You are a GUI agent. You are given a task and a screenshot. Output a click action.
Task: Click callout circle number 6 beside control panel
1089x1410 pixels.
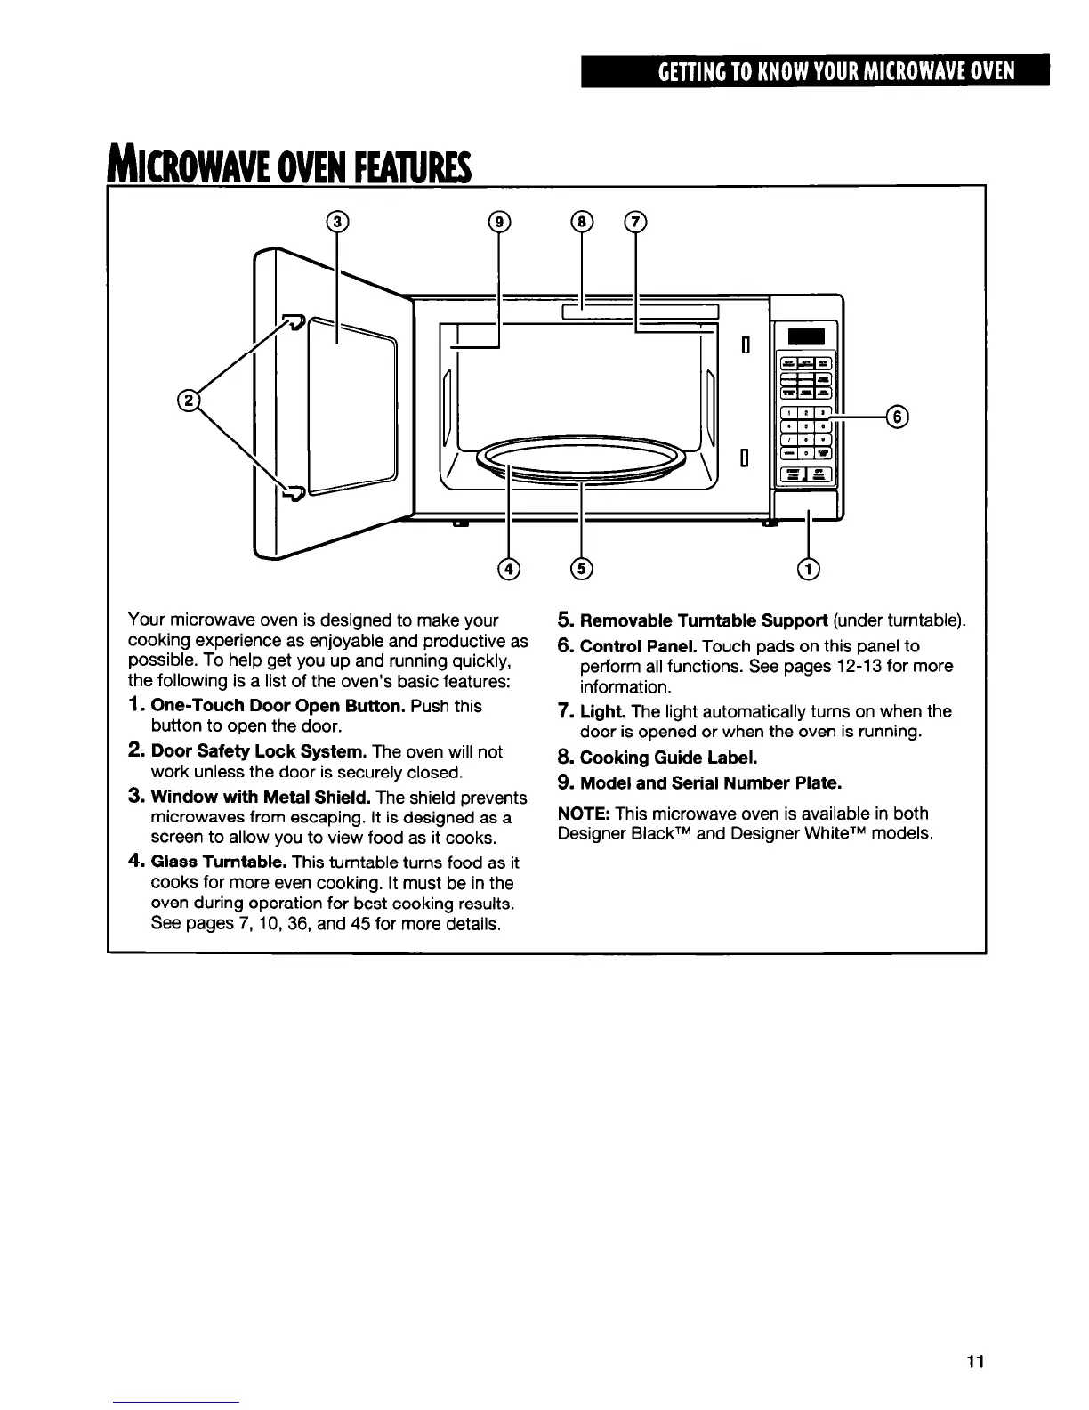(x=898, y=416)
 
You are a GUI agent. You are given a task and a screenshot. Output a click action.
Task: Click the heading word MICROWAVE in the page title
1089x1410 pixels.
(x=176, y=166)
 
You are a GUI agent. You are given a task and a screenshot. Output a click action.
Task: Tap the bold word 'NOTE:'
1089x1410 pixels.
(x=584, y=814)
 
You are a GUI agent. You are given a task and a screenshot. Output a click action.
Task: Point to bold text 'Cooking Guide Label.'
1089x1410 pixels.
(x=668, y=758)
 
